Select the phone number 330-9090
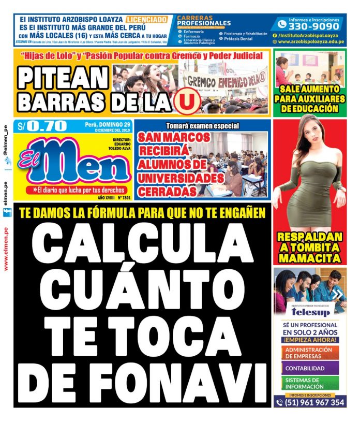314,26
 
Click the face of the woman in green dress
310,136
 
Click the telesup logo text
310,312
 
